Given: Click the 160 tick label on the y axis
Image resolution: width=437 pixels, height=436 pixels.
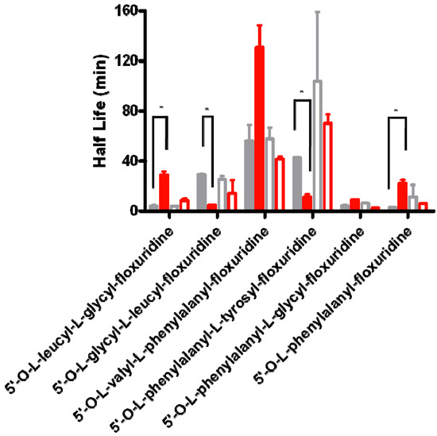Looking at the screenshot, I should click(x=132, y=10).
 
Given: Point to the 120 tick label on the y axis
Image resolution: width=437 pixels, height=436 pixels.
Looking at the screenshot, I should click(x=132, y=60).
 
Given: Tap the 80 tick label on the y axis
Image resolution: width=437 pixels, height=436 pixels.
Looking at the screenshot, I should click(x=135, y=110).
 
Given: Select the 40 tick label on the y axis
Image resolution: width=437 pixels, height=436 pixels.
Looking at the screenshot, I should click(x=135, y=160).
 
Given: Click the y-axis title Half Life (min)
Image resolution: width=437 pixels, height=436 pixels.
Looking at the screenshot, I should click(x=102, y=110).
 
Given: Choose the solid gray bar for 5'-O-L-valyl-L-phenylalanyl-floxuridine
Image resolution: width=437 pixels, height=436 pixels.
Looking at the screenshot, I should click(x=249, y=175).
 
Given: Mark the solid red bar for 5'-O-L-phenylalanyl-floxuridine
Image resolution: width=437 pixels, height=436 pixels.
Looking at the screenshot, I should click(x=402, y=196).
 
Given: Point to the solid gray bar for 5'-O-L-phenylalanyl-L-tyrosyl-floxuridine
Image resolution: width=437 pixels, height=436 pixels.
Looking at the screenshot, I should click(x=296, y=183).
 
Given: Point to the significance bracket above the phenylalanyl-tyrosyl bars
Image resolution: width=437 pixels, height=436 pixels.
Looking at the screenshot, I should click(x=301, y=100).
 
